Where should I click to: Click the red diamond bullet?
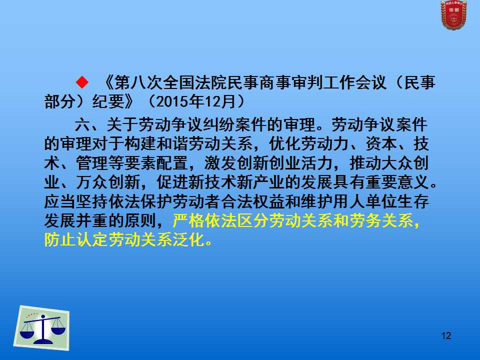pyautogui.click(x=82, y=82)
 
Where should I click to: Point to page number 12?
pyautogui.click(x=446, y=336)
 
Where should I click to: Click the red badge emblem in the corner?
pyautogui.click(x=453, y=14)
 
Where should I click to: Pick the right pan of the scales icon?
pyautogui.click(x=58, y=330)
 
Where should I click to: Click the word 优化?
pyautogui.click(x=285, y=144)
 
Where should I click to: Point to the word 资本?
pyautogui.click(x=381, y=144)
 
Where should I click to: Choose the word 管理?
pyautogui.click(x=92, y=163)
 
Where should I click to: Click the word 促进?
pyautogui.click(x=172, y=182)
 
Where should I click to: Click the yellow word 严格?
pyautogui.click(x=188, y=220)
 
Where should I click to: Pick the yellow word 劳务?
pyautogui.click(x=365, y=220)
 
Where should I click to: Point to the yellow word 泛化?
pyautogui.click(x=188, y=240)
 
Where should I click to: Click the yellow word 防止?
pyautogui.click(x=60, y=240)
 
